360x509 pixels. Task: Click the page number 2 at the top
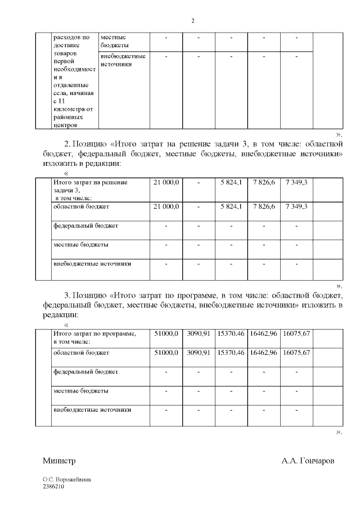pyautogui.click(x=192, y=21)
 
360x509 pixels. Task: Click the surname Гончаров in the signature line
pyautogui.click(x=308, y=461)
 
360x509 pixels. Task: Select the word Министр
pyautogui.click(x=59, y=461)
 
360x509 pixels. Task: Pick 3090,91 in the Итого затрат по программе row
pyautogui.click(x=198, y=334)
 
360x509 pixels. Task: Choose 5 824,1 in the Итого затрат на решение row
pyautogui.click(x=231, y=182)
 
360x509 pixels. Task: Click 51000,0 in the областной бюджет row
pyautogui.click(x=166, y=353)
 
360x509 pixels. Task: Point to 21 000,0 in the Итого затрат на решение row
pyautogui.click(x=166, y=182)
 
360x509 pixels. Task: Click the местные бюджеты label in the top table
pyautogui.click(x=113, y=40)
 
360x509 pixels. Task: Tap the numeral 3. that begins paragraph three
pyautogui.click(x=67, y=295)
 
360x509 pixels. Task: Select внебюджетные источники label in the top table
pyautogui.click(x=123, y=60)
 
